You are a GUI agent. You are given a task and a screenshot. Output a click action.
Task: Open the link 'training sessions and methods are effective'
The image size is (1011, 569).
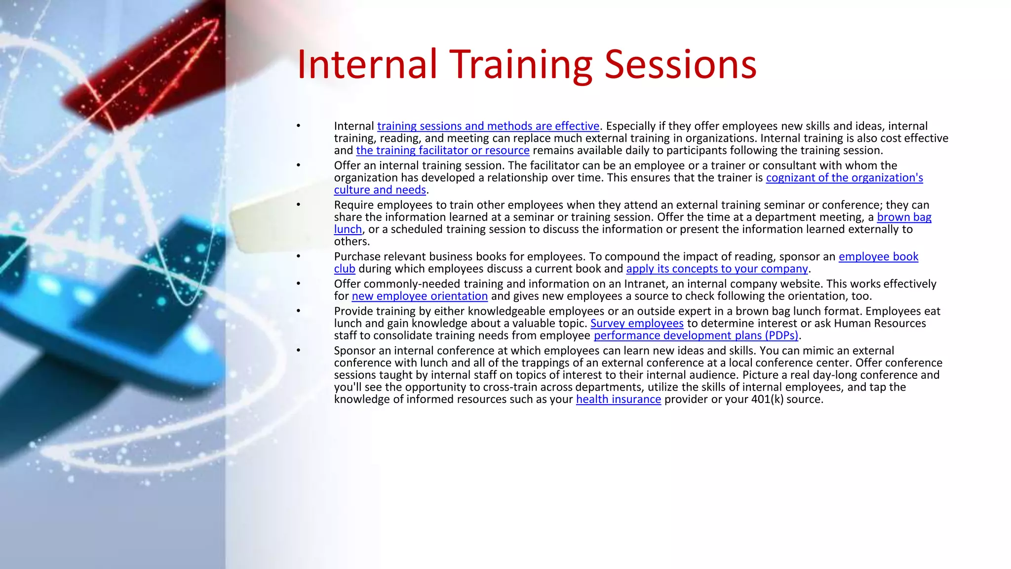click(488, 126)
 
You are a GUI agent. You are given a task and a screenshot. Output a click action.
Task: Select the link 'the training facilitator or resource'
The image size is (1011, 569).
click(442, 151)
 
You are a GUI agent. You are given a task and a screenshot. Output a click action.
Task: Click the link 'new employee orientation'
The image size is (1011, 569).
click(420, 296)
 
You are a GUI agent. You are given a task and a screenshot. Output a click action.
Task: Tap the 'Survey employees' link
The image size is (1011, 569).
click(637, 324)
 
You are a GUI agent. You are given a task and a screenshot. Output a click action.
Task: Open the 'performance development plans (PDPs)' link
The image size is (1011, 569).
click(696, 336)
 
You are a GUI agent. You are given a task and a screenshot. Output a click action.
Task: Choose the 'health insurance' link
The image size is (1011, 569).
click(618, 400)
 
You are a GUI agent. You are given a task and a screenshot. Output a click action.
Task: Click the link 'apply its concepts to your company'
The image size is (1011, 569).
click(717, 269)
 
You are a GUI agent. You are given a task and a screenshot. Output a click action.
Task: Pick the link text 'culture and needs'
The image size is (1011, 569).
click(380, 190)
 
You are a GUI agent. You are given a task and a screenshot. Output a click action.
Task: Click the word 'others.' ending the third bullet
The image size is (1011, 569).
click(351, 242)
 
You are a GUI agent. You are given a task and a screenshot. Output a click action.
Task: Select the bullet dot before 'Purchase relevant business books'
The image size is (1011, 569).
click(298, 256)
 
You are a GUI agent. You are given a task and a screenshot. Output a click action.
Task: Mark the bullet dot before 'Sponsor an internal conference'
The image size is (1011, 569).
click(298, 350)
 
